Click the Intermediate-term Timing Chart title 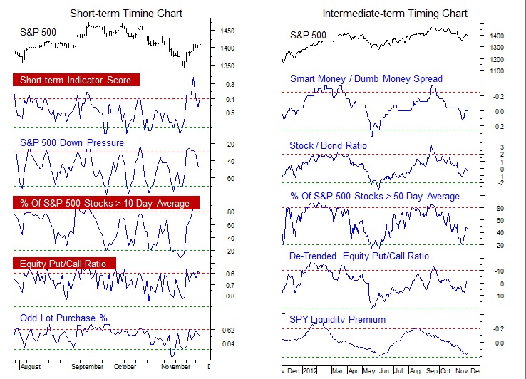395,14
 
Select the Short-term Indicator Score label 76,80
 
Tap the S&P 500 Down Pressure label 72,142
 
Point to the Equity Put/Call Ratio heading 63,264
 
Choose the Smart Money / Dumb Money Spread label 366,78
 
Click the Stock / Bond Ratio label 328,145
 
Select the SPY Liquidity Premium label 337,319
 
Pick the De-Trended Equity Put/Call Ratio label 359,256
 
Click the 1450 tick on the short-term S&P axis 227,32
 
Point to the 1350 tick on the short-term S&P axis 227,66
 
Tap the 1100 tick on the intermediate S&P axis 497,71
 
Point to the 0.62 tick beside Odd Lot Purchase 229,331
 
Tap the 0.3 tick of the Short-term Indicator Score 230,85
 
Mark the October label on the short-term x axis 125,367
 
